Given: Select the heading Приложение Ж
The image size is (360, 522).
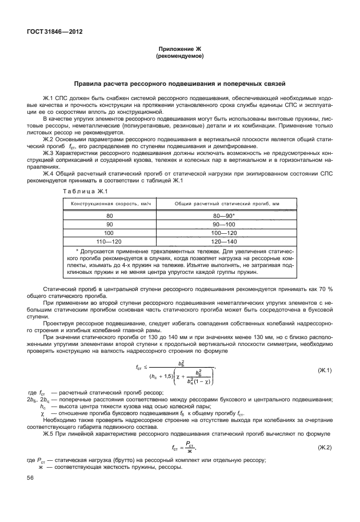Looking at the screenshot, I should (x=179, y=50).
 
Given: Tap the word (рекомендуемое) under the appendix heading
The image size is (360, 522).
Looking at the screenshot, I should (x=179, y=57).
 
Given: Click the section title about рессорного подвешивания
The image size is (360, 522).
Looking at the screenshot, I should (x=179, y=84).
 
